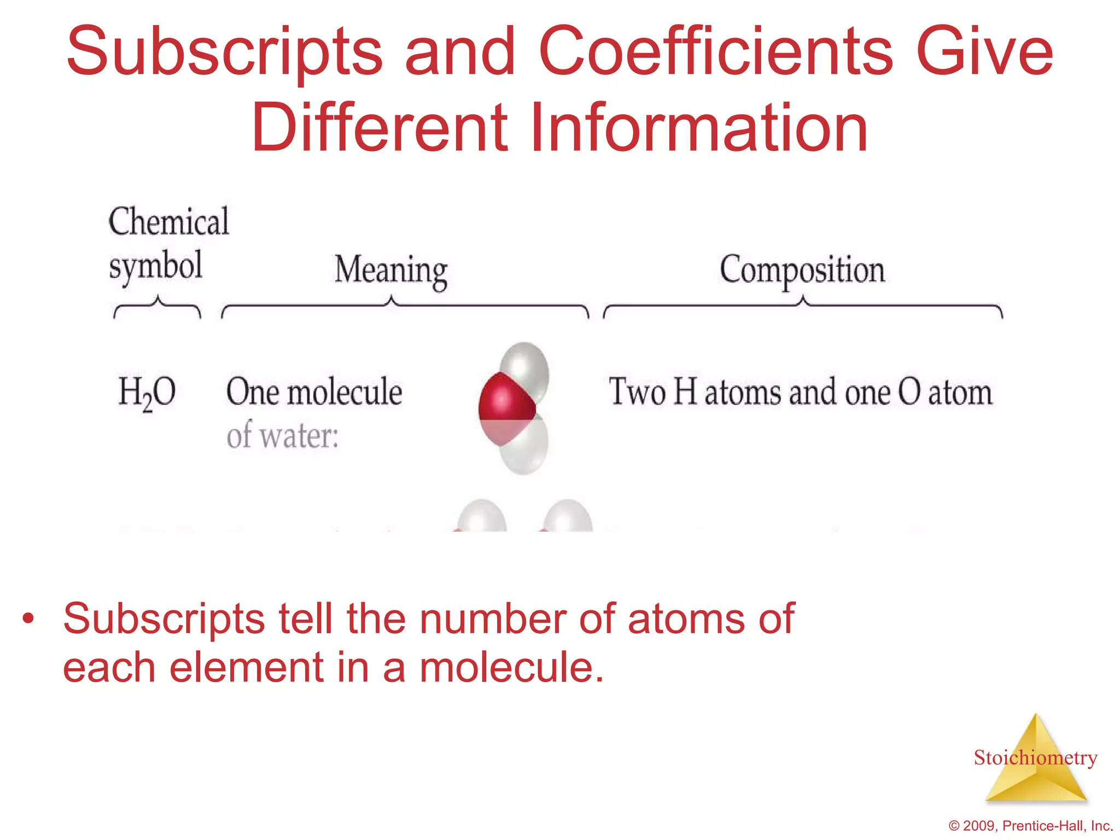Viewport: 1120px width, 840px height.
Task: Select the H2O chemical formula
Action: (x=147, y=393)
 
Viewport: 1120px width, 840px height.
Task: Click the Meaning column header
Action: (x=391, y=270)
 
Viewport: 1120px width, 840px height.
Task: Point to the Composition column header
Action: (x=802, y=270)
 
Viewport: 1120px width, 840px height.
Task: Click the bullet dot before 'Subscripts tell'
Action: (x=28, y=619)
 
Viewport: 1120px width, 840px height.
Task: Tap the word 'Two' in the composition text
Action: (x=637, y=392)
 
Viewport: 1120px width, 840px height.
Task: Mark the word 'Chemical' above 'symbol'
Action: (x=169, y=221)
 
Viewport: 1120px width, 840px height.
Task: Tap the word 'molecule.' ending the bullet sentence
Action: (x=512, y=668)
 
